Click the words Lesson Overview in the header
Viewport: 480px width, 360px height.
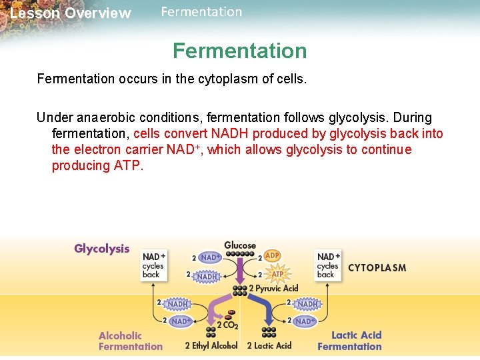[71, 13]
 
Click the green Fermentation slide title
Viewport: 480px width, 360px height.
[240, 51]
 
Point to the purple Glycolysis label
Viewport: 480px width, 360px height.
[102, 249]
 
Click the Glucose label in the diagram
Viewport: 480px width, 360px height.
[240, 245]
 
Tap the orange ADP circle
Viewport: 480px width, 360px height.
[273, 255]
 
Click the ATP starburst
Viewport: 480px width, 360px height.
[277, 273]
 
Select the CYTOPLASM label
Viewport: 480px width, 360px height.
[377, 268]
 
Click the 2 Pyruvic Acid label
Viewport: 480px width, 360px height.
[273, 289]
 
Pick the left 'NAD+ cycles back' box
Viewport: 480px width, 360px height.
[153, 265]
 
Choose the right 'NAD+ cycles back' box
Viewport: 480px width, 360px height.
[329, 265]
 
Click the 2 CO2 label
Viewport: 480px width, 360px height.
[227, 326]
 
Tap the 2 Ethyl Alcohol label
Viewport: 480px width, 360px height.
[211, 345]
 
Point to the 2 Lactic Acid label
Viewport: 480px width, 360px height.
[269, 345]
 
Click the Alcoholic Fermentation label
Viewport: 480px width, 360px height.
[130, 341]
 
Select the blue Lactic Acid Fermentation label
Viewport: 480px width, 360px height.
[350, 341]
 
